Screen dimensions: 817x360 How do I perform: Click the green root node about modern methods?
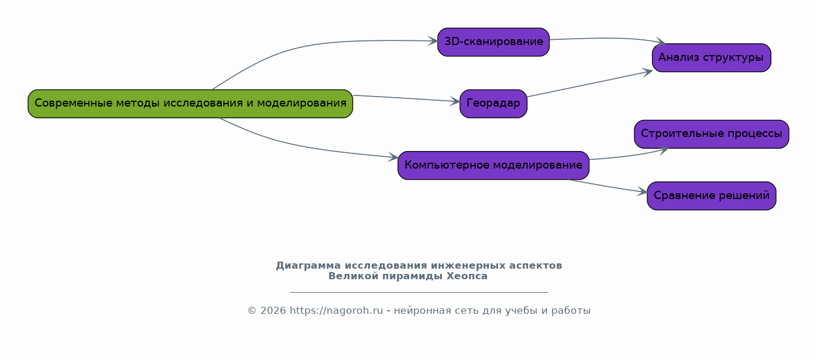pos(190,104)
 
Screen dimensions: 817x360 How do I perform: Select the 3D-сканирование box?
pos(493,42)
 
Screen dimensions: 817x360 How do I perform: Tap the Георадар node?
pos(493,104)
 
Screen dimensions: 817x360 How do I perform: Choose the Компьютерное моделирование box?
pos(493,165)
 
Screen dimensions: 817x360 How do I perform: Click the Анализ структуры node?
pos(712,57)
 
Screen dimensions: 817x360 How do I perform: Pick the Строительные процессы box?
pos(712,134)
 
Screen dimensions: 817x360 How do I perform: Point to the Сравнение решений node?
pos(712,196)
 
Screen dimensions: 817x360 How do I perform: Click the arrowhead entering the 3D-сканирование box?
pos(433,41)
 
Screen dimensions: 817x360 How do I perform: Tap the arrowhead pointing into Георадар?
pos(455,101)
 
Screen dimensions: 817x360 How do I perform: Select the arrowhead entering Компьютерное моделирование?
pos(393,157)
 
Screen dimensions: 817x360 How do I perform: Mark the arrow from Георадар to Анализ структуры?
pos(590,84)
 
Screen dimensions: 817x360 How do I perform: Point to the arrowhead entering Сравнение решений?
pos(643,191)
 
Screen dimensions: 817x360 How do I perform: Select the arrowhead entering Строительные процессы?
pos(664,150)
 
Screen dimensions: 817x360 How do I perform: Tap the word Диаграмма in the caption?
pos(308,266)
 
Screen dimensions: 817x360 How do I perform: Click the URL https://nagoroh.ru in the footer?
pos(337,311)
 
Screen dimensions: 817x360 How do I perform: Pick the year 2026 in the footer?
pos(273,311)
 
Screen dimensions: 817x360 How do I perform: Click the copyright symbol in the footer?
pos(252,311)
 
